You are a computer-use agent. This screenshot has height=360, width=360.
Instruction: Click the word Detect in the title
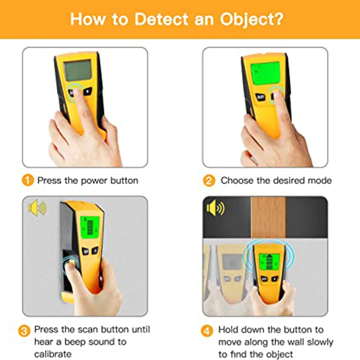coord(158,19)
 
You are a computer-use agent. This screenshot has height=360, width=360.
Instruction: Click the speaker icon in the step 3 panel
coord(37,208)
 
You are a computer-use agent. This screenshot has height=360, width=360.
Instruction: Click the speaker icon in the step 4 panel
coord(215,208)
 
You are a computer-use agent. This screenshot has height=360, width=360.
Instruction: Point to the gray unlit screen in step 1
coord(78,70)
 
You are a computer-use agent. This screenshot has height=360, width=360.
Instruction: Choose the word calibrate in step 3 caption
coord(53,354)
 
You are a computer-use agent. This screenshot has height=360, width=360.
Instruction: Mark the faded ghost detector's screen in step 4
coord(232,261)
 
